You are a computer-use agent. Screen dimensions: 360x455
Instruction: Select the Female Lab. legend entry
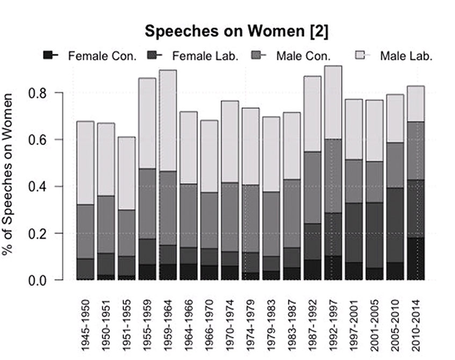tap(205, 55)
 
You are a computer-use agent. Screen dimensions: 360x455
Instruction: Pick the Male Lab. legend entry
tap(406, 55)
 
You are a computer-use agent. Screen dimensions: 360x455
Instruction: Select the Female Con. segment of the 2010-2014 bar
tap(416, 258)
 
